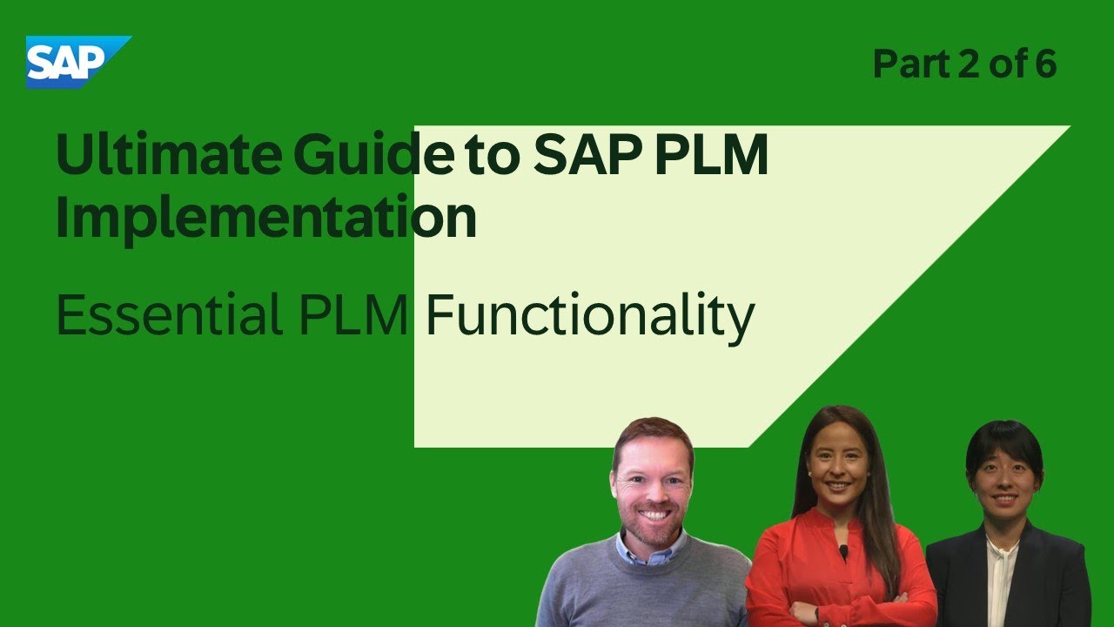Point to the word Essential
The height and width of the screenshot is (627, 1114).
pos(165,317)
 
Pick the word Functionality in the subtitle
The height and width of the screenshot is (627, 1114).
pos(589,317)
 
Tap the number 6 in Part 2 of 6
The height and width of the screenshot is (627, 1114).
pos(1044,65)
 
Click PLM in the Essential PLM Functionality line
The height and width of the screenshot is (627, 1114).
pos(354,317)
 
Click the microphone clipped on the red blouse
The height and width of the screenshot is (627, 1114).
pos(842,551)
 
